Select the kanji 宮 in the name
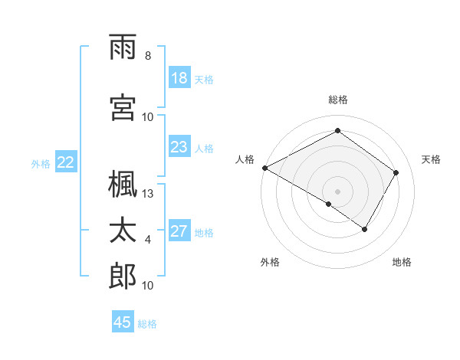tap(123, 106)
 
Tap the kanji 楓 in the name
tap(123, 185)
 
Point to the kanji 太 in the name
tap(123, 231)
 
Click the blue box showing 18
tap(179, 78)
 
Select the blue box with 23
tap(179, 147)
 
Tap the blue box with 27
tap(179, 231)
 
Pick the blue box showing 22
tap(66, 162)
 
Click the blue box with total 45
tap(123, 322)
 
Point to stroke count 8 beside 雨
tap(148, 55)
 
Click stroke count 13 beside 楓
tap(148, 194)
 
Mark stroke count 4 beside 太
tap(148, 240)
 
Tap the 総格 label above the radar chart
tap(337, 100)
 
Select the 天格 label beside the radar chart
tap(431, 159)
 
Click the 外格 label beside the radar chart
tap(270, 263)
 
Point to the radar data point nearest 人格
tap(264, 168)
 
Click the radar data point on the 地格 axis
tap(365, 229)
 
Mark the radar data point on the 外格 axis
tap(329, 204)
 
